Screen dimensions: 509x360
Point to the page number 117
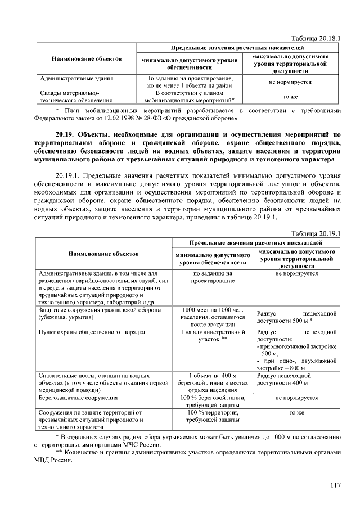click(x=335, y=486)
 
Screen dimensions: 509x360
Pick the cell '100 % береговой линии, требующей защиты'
click(x=212, y=402)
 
